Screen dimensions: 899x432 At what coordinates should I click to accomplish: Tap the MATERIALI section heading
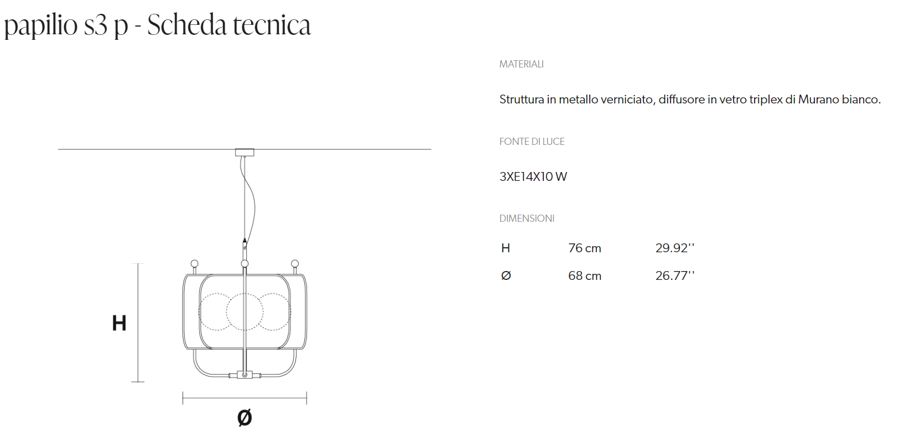521,64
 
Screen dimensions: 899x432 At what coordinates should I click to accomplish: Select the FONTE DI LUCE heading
532,142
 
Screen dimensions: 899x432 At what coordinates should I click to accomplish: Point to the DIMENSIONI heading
527,218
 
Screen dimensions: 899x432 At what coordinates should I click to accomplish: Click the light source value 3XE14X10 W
533,177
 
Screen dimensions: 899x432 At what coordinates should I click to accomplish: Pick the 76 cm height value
584,248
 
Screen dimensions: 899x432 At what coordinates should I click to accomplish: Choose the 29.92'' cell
674,248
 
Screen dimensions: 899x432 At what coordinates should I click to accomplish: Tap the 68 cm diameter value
584,276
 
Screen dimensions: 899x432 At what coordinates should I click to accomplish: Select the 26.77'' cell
674,275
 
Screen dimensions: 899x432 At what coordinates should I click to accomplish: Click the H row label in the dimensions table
506,248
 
